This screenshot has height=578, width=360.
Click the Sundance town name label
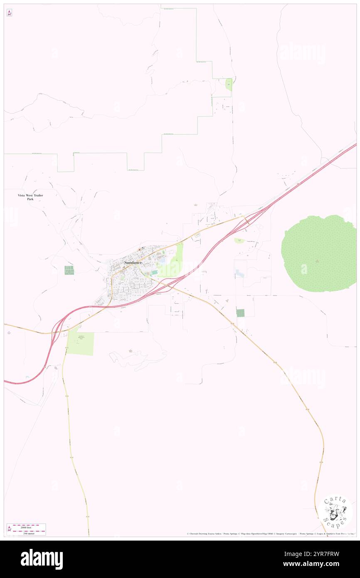(x=133, y=263)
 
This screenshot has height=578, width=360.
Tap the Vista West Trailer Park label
(x=30, y=198)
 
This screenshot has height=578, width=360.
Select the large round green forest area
(x=318, y=253)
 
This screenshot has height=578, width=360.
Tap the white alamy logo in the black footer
(x=42, y=559)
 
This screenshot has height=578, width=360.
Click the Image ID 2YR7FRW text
(x=322, y=554)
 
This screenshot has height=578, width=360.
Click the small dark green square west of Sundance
(x=69, y=270)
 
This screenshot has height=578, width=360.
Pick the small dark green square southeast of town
(x=240, y=313)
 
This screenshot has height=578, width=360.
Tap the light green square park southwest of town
(x=80, y=344)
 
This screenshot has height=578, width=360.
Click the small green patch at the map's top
(x=229, y=85)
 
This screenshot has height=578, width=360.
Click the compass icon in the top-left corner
(x=9, y=13)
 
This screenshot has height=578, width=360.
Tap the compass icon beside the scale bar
(x=9, y=529)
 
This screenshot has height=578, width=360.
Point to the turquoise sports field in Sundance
(x=155, y=272)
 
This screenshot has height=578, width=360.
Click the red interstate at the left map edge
(x=8, y=381)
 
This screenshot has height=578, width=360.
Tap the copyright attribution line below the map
(x=270, y=534)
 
